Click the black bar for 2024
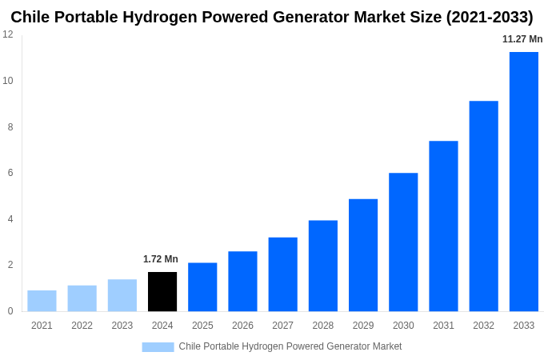[162, 292]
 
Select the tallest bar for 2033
[523, 182]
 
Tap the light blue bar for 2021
[42, 301]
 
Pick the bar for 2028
[322, 266]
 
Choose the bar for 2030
[403, 242]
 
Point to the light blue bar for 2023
[122, 295]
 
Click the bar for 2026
[242, 282]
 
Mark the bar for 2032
[483, 206]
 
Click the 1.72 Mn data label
[161, 259]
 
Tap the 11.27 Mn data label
[522, 39]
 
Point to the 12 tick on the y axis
[8, 34]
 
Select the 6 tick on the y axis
[10, 173]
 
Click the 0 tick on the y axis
[10, 311]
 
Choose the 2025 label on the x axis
[202, 326]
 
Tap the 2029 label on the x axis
[362, 326]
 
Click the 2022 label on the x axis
[82, 326]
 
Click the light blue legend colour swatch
[158, 347]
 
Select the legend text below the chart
[290, 346]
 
